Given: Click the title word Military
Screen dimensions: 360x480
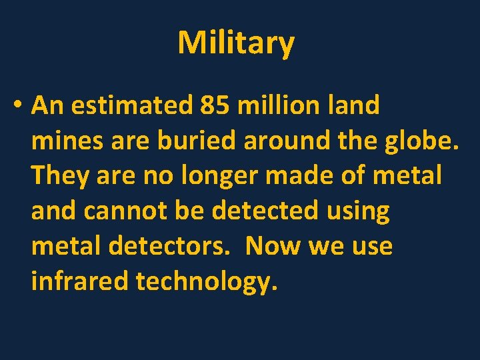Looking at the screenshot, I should [235, 43].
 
